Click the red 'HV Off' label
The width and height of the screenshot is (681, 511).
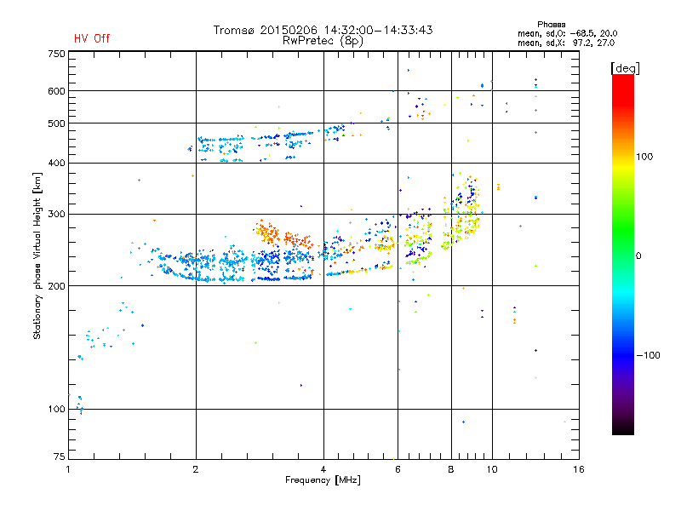(x=91, y=38)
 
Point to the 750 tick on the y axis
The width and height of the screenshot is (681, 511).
(x=56, y=54)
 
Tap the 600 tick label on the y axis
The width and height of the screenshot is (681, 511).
(x=56, y=91)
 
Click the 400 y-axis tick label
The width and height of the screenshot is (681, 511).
(x=56, y=163)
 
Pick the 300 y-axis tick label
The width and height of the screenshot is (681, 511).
(x=56, y=214)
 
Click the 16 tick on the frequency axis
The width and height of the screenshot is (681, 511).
(x=578, y=469)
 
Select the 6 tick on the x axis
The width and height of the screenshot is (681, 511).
(x=397, y=469)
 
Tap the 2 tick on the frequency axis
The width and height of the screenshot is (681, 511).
(x=196, y=469)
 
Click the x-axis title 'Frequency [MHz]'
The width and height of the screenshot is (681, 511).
(x=323, y=480)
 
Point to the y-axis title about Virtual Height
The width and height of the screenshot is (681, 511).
(x=37, y=255)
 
